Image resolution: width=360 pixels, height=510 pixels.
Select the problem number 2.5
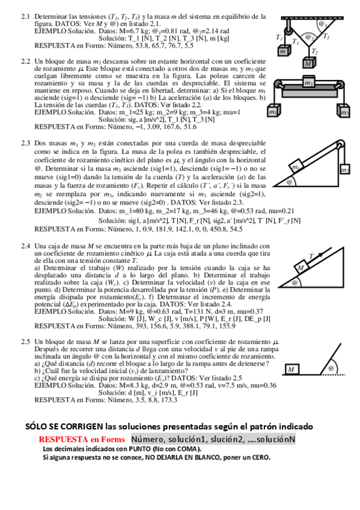25,342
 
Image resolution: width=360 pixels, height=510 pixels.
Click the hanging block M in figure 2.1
308,63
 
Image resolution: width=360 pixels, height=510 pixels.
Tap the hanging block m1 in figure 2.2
273,112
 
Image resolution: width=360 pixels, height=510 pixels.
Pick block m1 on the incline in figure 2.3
298,167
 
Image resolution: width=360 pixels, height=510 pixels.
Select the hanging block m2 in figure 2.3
344,171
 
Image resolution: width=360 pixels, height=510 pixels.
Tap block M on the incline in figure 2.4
300,268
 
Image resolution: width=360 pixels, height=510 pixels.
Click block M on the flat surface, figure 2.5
291,369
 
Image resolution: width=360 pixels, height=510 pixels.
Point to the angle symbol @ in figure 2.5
331,368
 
